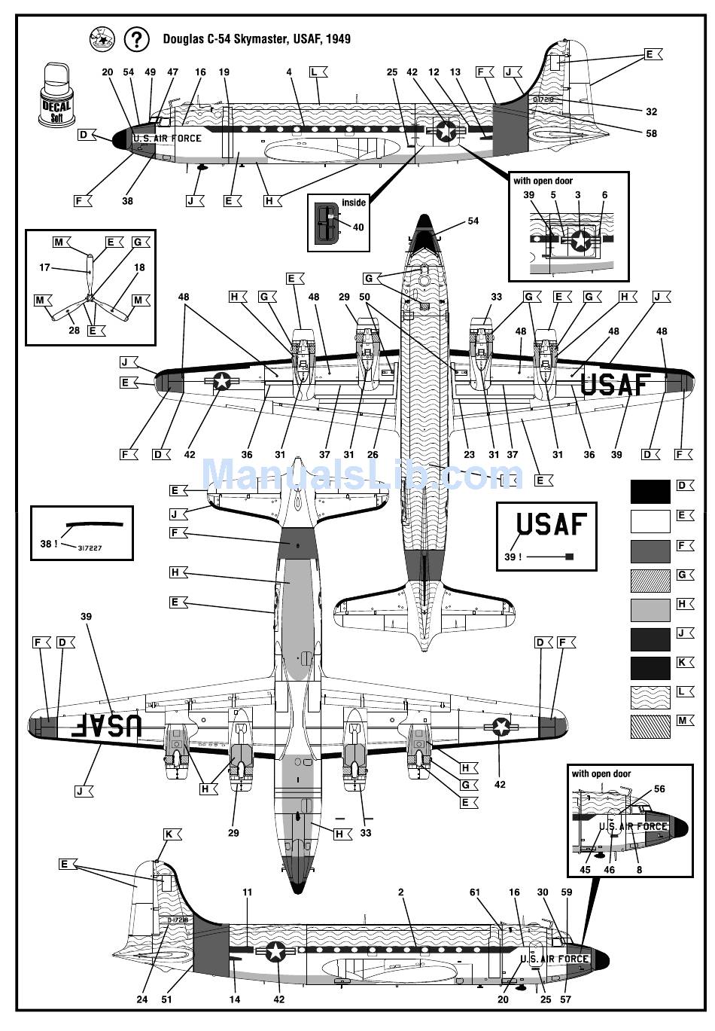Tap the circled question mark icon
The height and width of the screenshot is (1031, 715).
click(136, 39)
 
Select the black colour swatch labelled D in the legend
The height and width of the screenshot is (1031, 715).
click(650, 491)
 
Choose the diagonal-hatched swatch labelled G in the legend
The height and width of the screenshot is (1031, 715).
click(650, 580)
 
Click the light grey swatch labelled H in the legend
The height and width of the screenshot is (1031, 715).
click(650, 609)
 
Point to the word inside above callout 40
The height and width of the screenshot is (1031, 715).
click(354, 203)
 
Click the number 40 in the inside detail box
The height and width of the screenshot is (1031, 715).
click(358, 227)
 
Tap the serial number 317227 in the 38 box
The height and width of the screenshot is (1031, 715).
click(90, 548)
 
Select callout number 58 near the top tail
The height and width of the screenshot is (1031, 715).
click(651, 133)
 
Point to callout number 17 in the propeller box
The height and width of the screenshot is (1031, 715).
click(44, 267)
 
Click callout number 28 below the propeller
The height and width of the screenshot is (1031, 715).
click(75, 330)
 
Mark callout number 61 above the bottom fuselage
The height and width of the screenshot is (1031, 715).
click(475, 892)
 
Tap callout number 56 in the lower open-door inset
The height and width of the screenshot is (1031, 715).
click(659, 789)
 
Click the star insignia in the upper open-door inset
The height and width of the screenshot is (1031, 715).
click(580, 241)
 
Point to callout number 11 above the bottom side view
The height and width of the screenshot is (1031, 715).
click(248, 892)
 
